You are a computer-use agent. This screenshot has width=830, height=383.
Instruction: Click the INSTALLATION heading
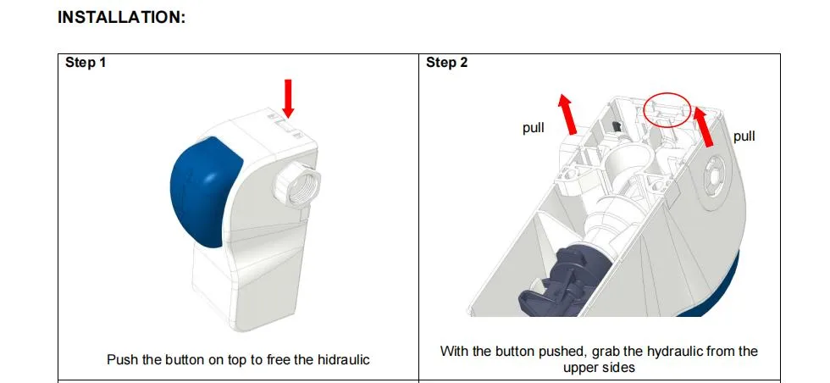[121, 18]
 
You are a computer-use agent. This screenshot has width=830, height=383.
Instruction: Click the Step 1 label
[86, 64]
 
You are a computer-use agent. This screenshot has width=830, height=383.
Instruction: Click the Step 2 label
[446, 64]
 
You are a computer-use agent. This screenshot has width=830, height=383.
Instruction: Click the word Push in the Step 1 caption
[122, 359]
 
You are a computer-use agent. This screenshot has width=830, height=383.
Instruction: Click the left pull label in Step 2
[533, 129]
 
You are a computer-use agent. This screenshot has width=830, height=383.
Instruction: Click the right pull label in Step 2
[744, 136]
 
